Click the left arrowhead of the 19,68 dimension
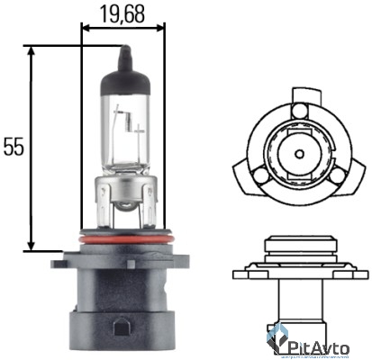(x=85, y=27)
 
